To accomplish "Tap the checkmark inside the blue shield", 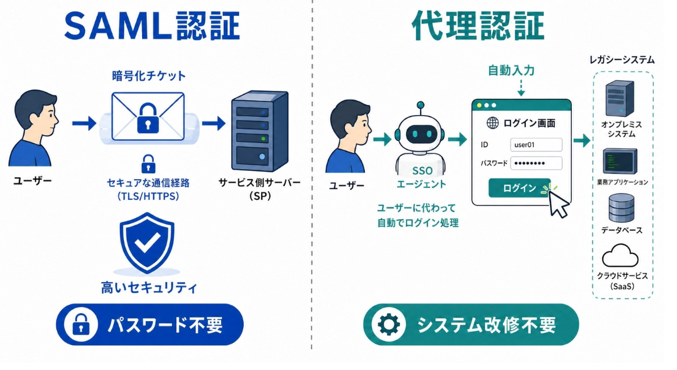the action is coord(147,242).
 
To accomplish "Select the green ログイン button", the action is coord(519,188).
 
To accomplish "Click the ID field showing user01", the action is coord(536,145).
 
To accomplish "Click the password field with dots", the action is coord(536,163).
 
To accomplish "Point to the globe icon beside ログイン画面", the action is coord(492,123).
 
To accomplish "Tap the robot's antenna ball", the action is coord(420,105).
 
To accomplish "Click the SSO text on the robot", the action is coord(422,171).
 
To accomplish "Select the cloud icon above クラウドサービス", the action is coord(620,255).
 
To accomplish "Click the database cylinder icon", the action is coord(621,208).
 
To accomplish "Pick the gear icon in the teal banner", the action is coord(389,324).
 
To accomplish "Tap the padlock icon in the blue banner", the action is coord(81,324).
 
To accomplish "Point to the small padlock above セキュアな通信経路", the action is coord(148,164).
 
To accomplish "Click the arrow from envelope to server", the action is coord(214,124).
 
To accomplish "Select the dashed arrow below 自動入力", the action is coord(521,88).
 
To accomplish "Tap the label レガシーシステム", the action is coord(622,60).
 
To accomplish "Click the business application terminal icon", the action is coord(620,161).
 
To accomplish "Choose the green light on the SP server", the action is coord(263,139).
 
